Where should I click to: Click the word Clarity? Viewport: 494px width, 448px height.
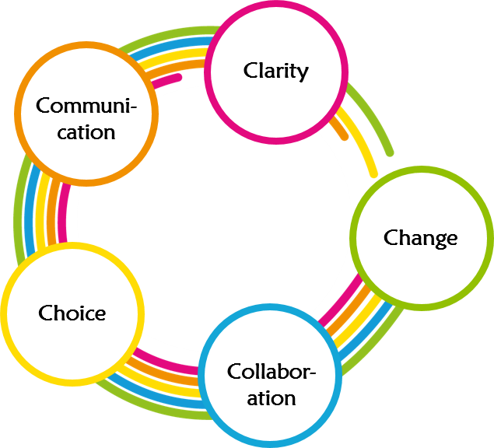275,71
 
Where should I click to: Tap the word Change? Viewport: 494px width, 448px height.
420,237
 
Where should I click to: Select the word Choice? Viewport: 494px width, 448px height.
72,313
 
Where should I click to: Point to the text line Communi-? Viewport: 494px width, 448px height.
86,106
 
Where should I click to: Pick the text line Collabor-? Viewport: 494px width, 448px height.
272,372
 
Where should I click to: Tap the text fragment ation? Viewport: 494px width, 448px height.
272,398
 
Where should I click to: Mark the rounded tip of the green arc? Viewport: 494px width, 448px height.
389,152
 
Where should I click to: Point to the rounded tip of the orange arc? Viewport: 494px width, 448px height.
345,137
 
